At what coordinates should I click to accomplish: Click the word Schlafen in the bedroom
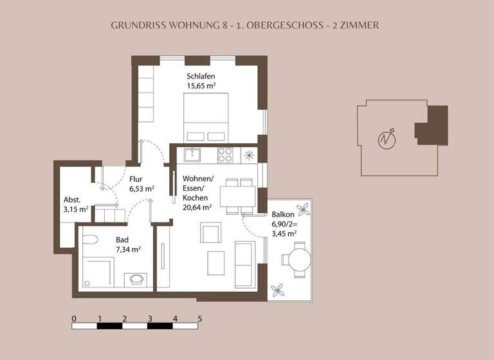[201, 76]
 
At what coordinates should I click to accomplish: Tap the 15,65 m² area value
[201, 86]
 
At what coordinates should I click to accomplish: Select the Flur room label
[136, 179]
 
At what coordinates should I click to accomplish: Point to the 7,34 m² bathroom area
[128, 249]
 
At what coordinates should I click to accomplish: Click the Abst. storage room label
[71, 199]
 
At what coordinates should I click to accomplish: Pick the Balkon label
[283, 215]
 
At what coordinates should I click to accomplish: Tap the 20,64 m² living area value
[197, 208]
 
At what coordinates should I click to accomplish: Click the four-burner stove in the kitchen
[225, 154]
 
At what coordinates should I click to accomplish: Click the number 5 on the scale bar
[200, 318]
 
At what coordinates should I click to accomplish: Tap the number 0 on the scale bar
[74, 318]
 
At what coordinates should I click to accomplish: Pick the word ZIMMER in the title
[360, 26]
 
